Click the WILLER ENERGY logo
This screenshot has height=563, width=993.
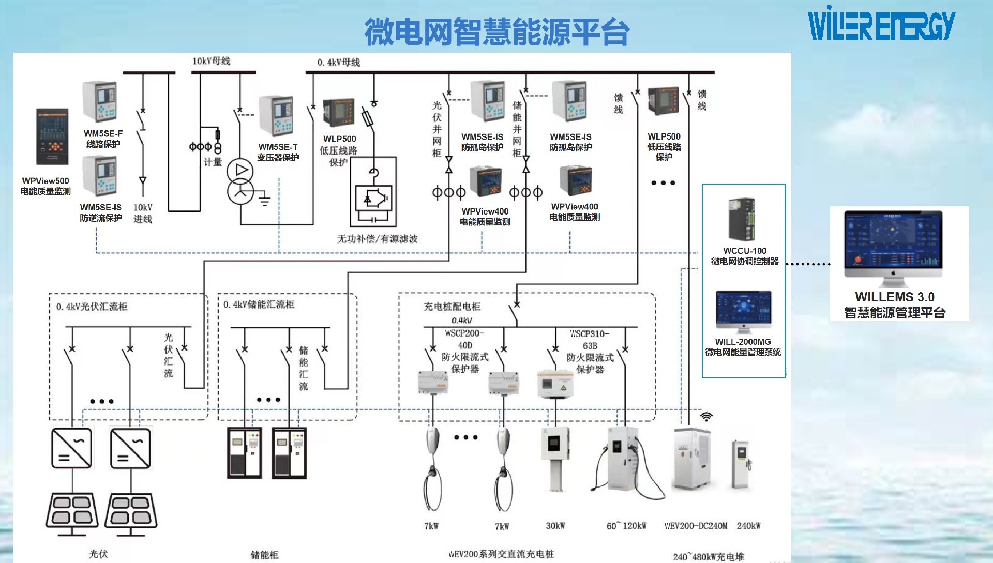(882, 24)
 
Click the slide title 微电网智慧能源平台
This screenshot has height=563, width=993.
(496, 32)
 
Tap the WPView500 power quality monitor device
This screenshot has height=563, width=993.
(52, 136)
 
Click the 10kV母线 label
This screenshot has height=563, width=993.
(212, 61)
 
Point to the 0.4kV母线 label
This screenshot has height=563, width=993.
(339, 63)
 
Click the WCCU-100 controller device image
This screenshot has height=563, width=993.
(742, 219)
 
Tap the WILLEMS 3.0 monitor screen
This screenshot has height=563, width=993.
(893, 239)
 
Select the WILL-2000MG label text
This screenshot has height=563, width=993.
(743, 342)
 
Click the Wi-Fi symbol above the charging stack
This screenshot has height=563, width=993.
(706, 417)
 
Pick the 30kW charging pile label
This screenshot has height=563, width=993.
(555, 526)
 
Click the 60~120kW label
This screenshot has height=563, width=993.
(626, 526)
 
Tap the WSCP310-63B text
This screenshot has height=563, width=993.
(590, 340)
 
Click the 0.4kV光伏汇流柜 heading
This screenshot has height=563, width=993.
(92, 307)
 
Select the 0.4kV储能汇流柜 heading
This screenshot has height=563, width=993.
(259, 305)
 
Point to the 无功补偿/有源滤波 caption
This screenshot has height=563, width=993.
(378, 239)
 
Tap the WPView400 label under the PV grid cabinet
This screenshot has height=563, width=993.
(485, 211)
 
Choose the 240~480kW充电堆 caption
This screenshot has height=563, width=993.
(709, 557)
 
